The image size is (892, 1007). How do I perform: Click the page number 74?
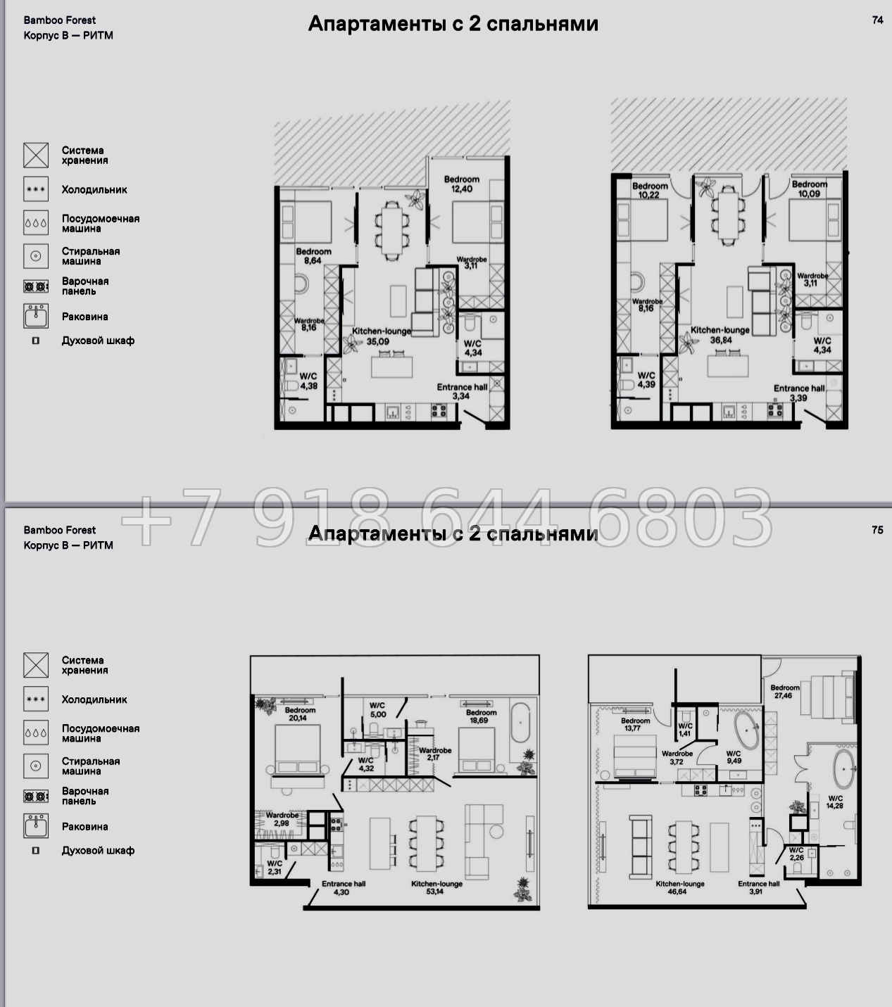coord(878,20)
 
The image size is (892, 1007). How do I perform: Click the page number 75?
coord(878,531)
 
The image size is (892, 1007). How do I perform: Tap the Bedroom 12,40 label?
coord(462,184)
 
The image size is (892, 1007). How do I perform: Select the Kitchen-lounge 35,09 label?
coord(382,336)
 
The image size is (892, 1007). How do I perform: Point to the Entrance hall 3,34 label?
coord(462,392)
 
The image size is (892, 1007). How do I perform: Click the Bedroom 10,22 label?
coord(650,191)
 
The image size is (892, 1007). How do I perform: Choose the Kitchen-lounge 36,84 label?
coord(720,335)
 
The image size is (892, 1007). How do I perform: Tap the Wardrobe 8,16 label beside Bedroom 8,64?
coord(309,324)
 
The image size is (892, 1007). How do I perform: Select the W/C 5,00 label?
coord(377,710)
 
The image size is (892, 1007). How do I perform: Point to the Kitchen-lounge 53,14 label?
coord(436,887)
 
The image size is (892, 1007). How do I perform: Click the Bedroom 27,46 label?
coord(784,691)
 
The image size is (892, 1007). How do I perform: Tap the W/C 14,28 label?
coord(835,802)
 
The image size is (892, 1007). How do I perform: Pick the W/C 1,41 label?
coord(685,730)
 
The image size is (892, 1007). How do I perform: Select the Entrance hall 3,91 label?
coord(758,887)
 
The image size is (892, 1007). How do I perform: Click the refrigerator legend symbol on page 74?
coord(36,189)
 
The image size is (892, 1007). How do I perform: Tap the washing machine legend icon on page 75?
coord(36,766)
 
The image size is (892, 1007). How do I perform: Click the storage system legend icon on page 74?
coord(36,155)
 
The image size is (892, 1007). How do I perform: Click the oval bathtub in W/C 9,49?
coord(747,730)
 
